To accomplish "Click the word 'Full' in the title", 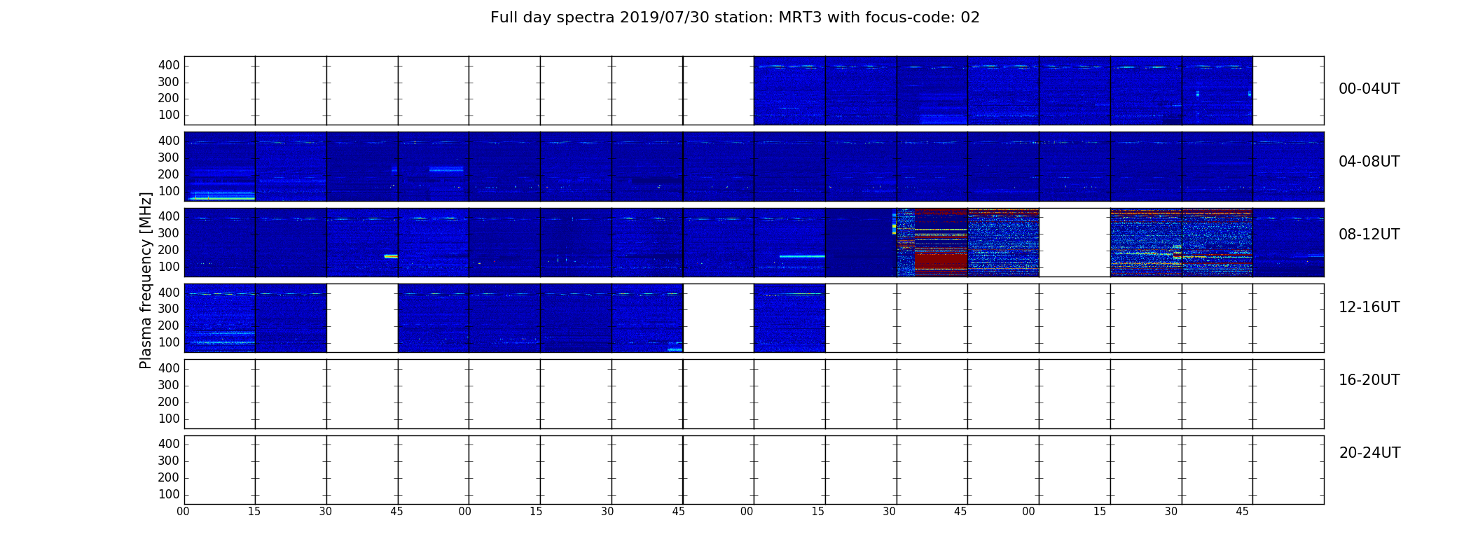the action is pyautogui.click(x=504, y=17).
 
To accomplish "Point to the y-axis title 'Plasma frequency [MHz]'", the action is pyautogui.click(x=146, y=280).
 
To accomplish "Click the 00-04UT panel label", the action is pyautogui.click(x=1369, y=89).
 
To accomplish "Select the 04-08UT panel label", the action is pyautogui.click(x=1369, y=162).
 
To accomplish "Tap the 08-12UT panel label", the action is pyautogui.click(x=1369, y=234).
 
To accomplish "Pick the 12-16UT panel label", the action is pyautogui.click(x=1369, y=307).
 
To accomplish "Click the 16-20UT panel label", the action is pyautogui.click(x=1369, y=380).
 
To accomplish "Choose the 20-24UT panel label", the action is pyautogui.click(x=1369, y=453).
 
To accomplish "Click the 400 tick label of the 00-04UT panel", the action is pyautogui.click(x=169, y=65).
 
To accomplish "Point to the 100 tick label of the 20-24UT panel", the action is pyautogui.click(x=169, y=494).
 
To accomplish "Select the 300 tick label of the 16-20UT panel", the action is pyautogui.click(x=169, y=385).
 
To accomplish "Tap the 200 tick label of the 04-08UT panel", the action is pyautogui.click(x=169, y=174).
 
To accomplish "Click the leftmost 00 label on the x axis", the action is pyautogui.click(x=183, y=512).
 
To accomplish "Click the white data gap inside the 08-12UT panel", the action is pyautogui.click(x=1075, y=242).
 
